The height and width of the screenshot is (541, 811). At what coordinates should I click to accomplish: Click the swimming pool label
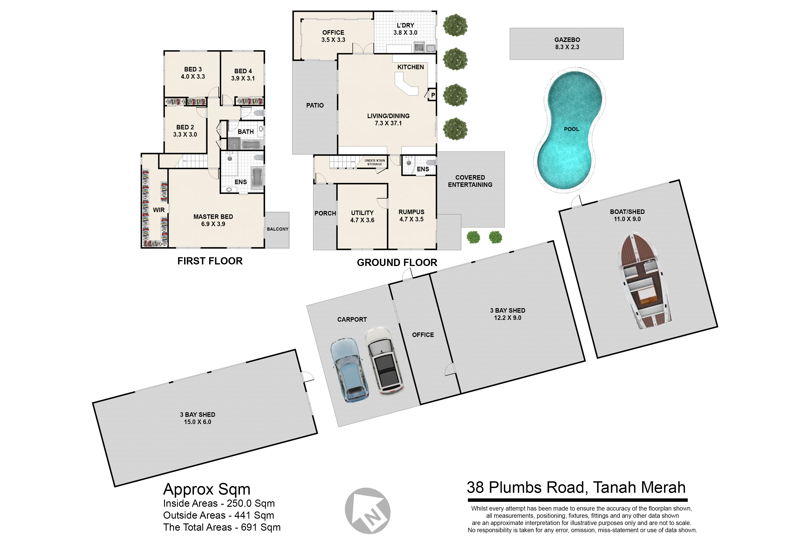571,129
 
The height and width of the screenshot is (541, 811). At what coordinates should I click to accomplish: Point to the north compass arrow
368,511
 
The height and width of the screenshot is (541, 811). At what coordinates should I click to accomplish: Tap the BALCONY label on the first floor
278,229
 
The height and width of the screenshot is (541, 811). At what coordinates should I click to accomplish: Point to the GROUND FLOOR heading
397,263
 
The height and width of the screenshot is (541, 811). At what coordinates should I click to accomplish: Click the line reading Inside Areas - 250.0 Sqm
219,503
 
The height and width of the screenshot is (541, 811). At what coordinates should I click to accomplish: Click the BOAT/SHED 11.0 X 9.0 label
627,215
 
